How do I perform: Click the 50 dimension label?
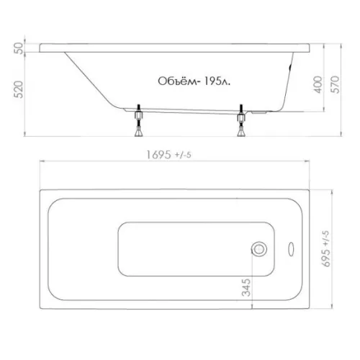[19, 48]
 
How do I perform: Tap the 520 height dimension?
[19, 89]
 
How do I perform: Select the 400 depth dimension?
[318, 84]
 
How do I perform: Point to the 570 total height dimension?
[336, 84]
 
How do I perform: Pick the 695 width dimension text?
[326, 249]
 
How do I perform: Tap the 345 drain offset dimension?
[246, 287]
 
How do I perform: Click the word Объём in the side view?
[179, 81]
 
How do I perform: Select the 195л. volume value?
[217, 81]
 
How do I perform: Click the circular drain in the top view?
[259, 249]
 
